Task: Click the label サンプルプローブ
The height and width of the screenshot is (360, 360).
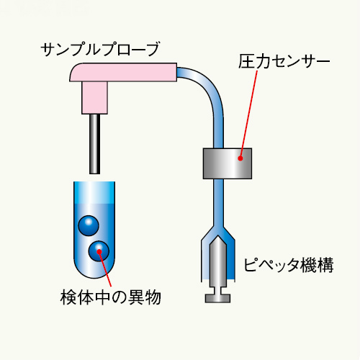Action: (100, 50)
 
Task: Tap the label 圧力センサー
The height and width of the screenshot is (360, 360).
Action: (284, 62)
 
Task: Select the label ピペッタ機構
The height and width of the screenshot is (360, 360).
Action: (289, 265)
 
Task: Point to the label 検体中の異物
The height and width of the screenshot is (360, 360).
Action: (111, 297)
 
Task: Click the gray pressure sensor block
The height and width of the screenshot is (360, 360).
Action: (228, 163)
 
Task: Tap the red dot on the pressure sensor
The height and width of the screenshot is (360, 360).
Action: (240, 158)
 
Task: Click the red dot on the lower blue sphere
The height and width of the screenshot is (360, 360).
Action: (99, 251)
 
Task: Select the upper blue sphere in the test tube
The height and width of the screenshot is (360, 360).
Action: (89, 225)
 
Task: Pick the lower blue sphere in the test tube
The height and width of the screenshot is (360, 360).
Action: (99, 251)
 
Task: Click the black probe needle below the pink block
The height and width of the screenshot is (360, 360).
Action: (95, 144)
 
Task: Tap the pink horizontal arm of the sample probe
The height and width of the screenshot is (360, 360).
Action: (123, 72)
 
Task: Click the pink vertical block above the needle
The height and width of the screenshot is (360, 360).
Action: (94, 98)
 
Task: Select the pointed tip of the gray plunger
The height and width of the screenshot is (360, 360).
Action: (218, 236)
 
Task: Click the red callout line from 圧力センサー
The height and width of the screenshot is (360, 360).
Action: (248, 114)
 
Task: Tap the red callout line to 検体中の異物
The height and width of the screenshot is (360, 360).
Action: (105, 269)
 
